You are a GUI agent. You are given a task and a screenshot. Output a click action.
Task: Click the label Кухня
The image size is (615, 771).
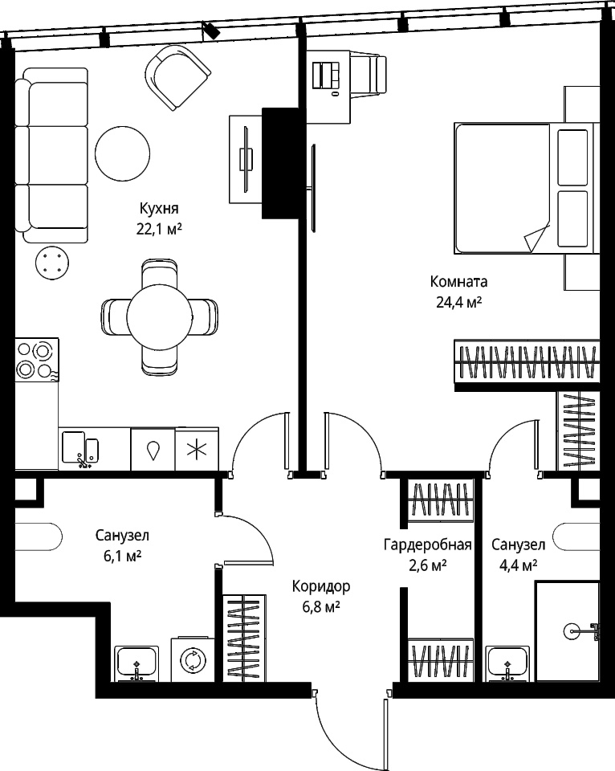[159, 209]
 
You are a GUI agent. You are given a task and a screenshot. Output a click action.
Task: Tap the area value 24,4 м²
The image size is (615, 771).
[458, 302]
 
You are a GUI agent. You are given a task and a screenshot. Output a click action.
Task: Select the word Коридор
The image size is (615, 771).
[321, 586]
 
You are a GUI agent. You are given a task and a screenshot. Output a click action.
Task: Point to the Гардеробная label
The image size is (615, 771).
[428, 545]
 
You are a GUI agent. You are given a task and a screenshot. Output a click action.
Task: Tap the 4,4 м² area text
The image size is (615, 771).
[518, 565]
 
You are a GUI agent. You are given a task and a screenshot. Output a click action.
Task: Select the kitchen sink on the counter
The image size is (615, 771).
[80, 448]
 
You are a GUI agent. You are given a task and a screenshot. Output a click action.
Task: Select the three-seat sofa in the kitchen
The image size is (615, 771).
[51, 155]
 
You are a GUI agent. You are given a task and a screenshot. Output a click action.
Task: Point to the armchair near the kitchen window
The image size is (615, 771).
[178, 78]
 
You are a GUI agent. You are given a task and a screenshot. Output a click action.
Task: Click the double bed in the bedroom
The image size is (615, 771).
[527, 188]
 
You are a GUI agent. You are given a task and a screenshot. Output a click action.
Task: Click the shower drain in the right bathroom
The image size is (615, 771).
[573, 631]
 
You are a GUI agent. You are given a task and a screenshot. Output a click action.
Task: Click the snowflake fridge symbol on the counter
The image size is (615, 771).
[197, 449]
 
